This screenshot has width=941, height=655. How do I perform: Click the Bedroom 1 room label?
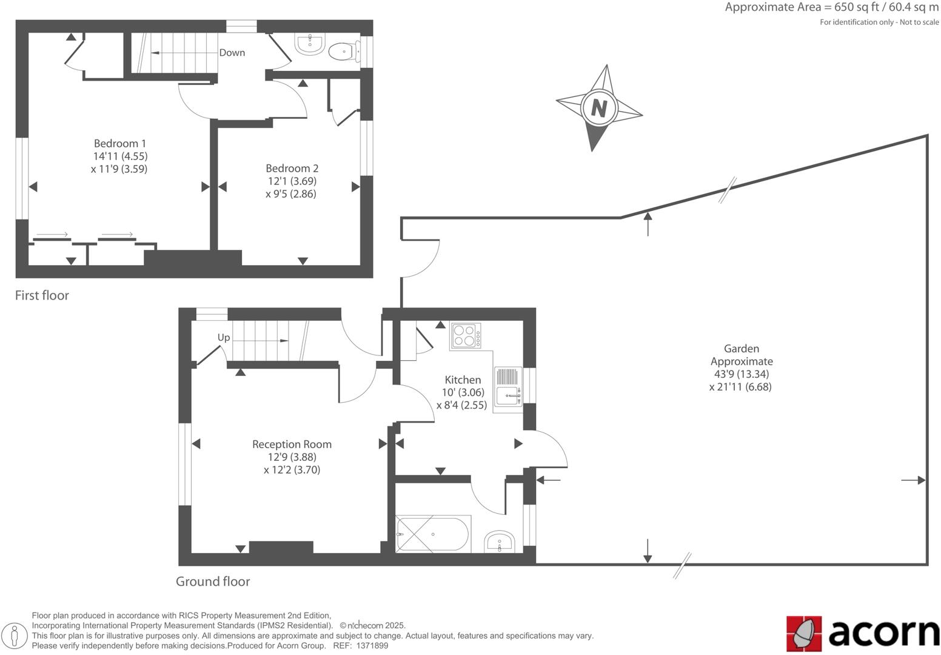(120, 144)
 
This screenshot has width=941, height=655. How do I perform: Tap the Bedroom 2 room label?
(292, 169)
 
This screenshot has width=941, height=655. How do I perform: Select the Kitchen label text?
(463, 380)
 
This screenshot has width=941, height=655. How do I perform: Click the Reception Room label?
(292, 444)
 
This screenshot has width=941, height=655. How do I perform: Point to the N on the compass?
(599, 108)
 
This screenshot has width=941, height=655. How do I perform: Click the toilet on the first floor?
(343, 52)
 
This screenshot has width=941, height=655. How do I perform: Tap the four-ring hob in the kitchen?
(466, 336)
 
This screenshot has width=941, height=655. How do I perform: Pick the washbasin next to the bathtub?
(500, 541)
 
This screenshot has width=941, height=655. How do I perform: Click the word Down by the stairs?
(232, 53)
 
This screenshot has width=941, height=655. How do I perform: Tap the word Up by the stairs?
(224, 337)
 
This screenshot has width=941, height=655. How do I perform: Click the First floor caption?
(42, 295)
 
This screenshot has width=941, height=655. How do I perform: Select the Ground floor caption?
(213, 582)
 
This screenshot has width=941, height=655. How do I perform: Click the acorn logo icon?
(804, 633)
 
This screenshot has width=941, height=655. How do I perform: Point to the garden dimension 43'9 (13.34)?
(741, 374)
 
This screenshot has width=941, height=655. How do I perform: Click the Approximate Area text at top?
(831, 8)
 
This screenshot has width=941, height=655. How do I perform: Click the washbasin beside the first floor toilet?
(310, 44)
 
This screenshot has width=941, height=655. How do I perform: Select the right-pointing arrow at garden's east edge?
(913, 480)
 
